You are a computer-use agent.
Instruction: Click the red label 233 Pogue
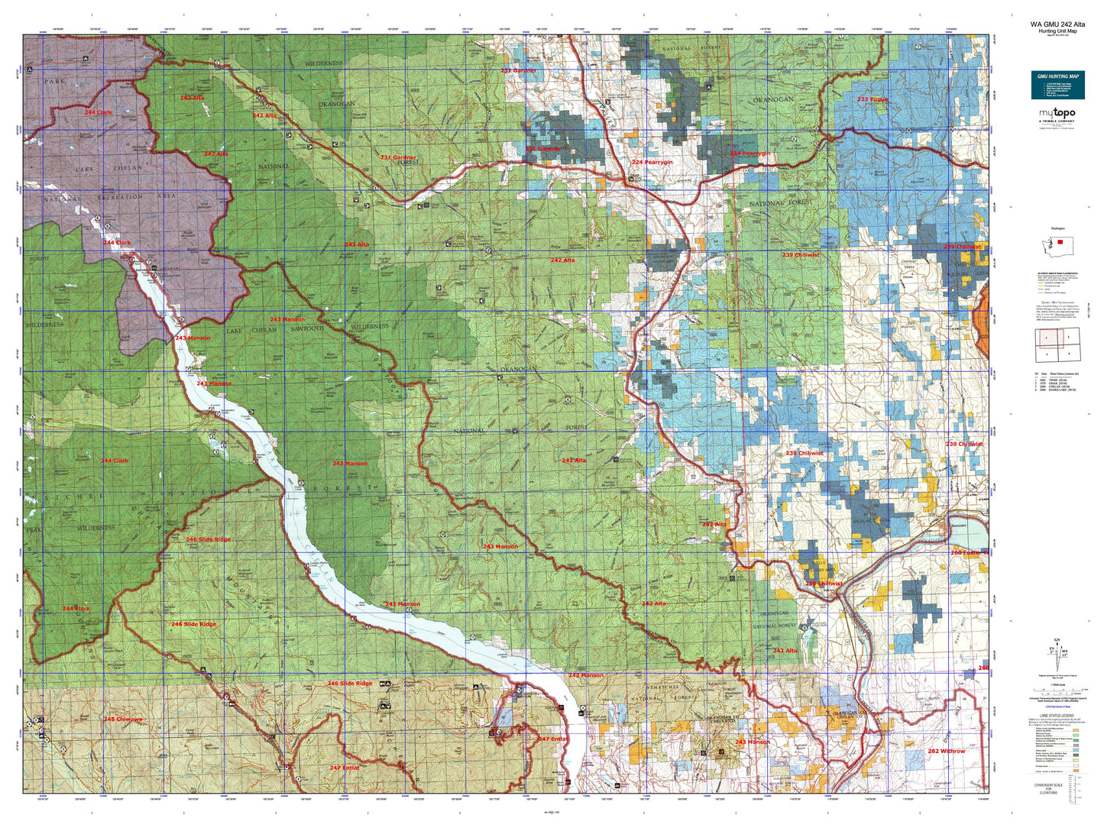[872, 99]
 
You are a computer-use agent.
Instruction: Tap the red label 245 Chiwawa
[123, 719]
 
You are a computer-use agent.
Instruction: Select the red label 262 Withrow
[946, 751]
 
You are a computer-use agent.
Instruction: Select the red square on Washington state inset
[1060, 241]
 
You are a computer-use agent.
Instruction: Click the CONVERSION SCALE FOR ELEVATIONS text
[1048, 789]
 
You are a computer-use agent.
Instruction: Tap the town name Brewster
[959, 526]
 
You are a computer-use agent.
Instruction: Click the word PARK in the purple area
[55, 80]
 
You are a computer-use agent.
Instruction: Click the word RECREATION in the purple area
[118, 196]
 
